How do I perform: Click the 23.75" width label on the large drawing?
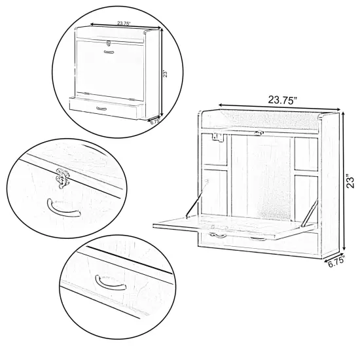283,99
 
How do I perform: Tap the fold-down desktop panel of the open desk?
229,225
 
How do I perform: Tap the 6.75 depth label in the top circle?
155,120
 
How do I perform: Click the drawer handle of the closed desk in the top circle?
101,107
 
